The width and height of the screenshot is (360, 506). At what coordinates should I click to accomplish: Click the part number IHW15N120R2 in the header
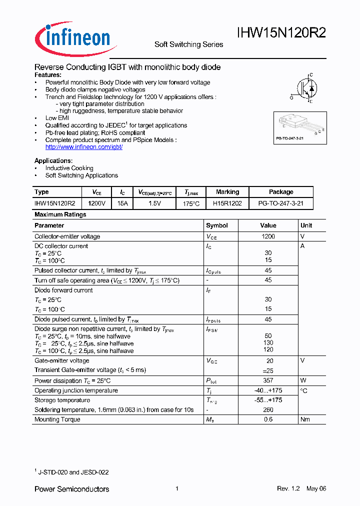coord(281,33)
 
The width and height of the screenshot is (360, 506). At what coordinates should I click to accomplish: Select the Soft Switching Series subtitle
coord(188,44)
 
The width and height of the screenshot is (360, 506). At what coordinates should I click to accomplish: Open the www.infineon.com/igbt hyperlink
coord(83,147)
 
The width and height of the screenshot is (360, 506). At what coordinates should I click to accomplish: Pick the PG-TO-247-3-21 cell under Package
coord(281,203)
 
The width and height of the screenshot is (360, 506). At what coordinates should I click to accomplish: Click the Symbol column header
coord(217,225)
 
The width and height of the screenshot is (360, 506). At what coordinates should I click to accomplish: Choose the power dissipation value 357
coord(268,380)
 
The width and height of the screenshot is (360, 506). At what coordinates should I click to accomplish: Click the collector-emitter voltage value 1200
coord(268,236)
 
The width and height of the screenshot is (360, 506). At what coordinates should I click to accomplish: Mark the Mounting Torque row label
coord(57,419)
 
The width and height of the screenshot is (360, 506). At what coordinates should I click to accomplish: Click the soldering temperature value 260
coord(268,410)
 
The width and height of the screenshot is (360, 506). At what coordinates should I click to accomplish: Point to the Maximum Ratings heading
coord(60,214)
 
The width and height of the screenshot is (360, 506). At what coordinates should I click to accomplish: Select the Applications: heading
coord(53,160)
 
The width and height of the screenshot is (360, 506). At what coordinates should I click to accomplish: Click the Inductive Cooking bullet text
coord(69,168)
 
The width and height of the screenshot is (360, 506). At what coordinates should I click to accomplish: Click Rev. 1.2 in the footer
coord(288,488)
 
